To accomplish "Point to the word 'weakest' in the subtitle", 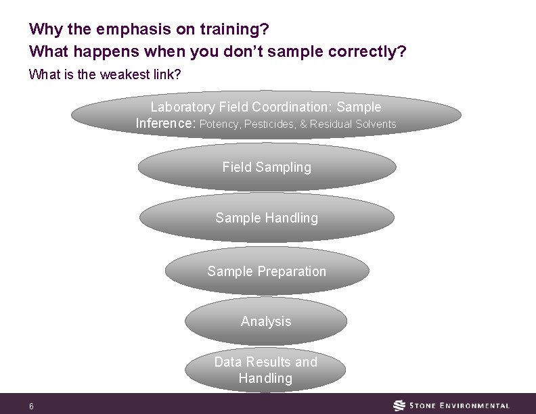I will (x=122, y=74).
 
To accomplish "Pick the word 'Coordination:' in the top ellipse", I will (x=294, y=107).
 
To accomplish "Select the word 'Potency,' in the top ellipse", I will (x=220, y=124).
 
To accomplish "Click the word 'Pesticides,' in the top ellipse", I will (x=270, y=124).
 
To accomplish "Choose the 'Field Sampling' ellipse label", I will (x=267, y=167).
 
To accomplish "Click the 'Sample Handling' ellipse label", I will (x=267, y=218).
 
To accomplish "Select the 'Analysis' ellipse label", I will (x=266, y=321).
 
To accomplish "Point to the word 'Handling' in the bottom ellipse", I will (x=265, y=379).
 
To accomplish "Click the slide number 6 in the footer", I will (x=31, y=407).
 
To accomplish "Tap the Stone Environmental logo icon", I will (x=400, y=406).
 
